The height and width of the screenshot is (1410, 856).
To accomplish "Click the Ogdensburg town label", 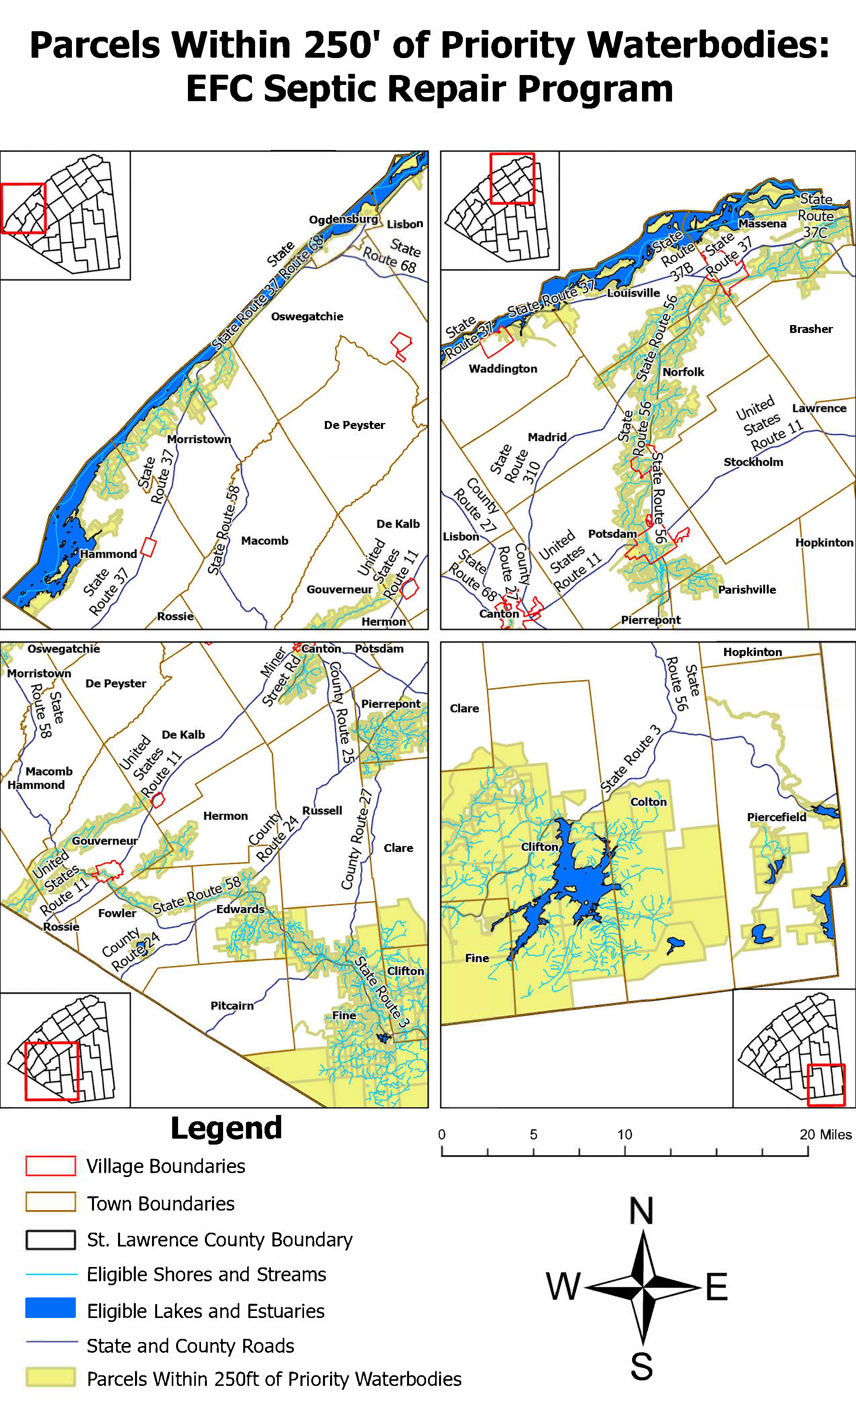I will [344, 220].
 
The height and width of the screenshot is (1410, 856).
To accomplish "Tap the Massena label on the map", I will [762, 224].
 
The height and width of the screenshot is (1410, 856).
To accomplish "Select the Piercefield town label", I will [777, 817].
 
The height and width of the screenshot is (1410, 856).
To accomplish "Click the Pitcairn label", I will [232, 1006].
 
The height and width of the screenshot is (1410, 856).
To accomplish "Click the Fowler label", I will [117, 913].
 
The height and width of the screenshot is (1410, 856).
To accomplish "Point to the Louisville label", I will [633, 293].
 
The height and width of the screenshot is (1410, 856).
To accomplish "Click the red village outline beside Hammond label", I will [148, 547].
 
